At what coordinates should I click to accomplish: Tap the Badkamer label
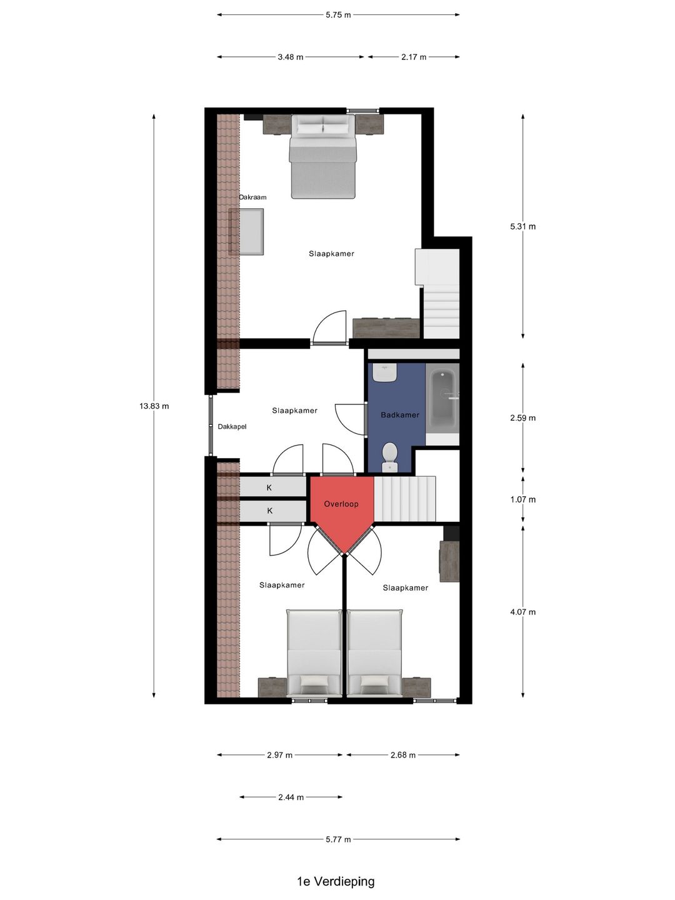pos(400,415)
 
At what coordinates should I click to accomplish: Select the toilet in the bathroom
pos(389,457)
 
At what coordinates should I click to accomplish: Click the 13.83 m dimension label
pos(154,406)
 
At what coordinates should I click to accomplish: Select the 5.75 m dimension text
pos(339,15)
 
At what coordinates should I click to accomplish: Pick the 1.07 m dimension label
pos(523,499)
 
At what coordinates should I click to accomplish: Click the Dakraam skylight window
pos(246,232)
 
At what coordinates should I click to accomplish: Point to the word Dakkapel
pos(232,426)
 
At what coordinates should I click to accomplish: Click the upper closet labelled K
pos(273,487)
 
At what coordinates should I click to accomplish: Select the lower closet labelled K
pos(273,511)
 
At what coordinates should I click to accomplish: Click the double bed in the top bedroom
pos(323,157)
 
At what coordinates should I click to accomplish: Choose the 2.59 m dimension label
pos(523,418)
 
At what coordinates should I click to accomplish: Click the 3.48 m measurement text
pos(291,57)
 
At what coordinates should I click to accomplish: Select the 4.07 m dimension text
pos(523,612)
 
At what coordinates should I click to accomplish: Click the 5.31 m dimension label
pos(523,226)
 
